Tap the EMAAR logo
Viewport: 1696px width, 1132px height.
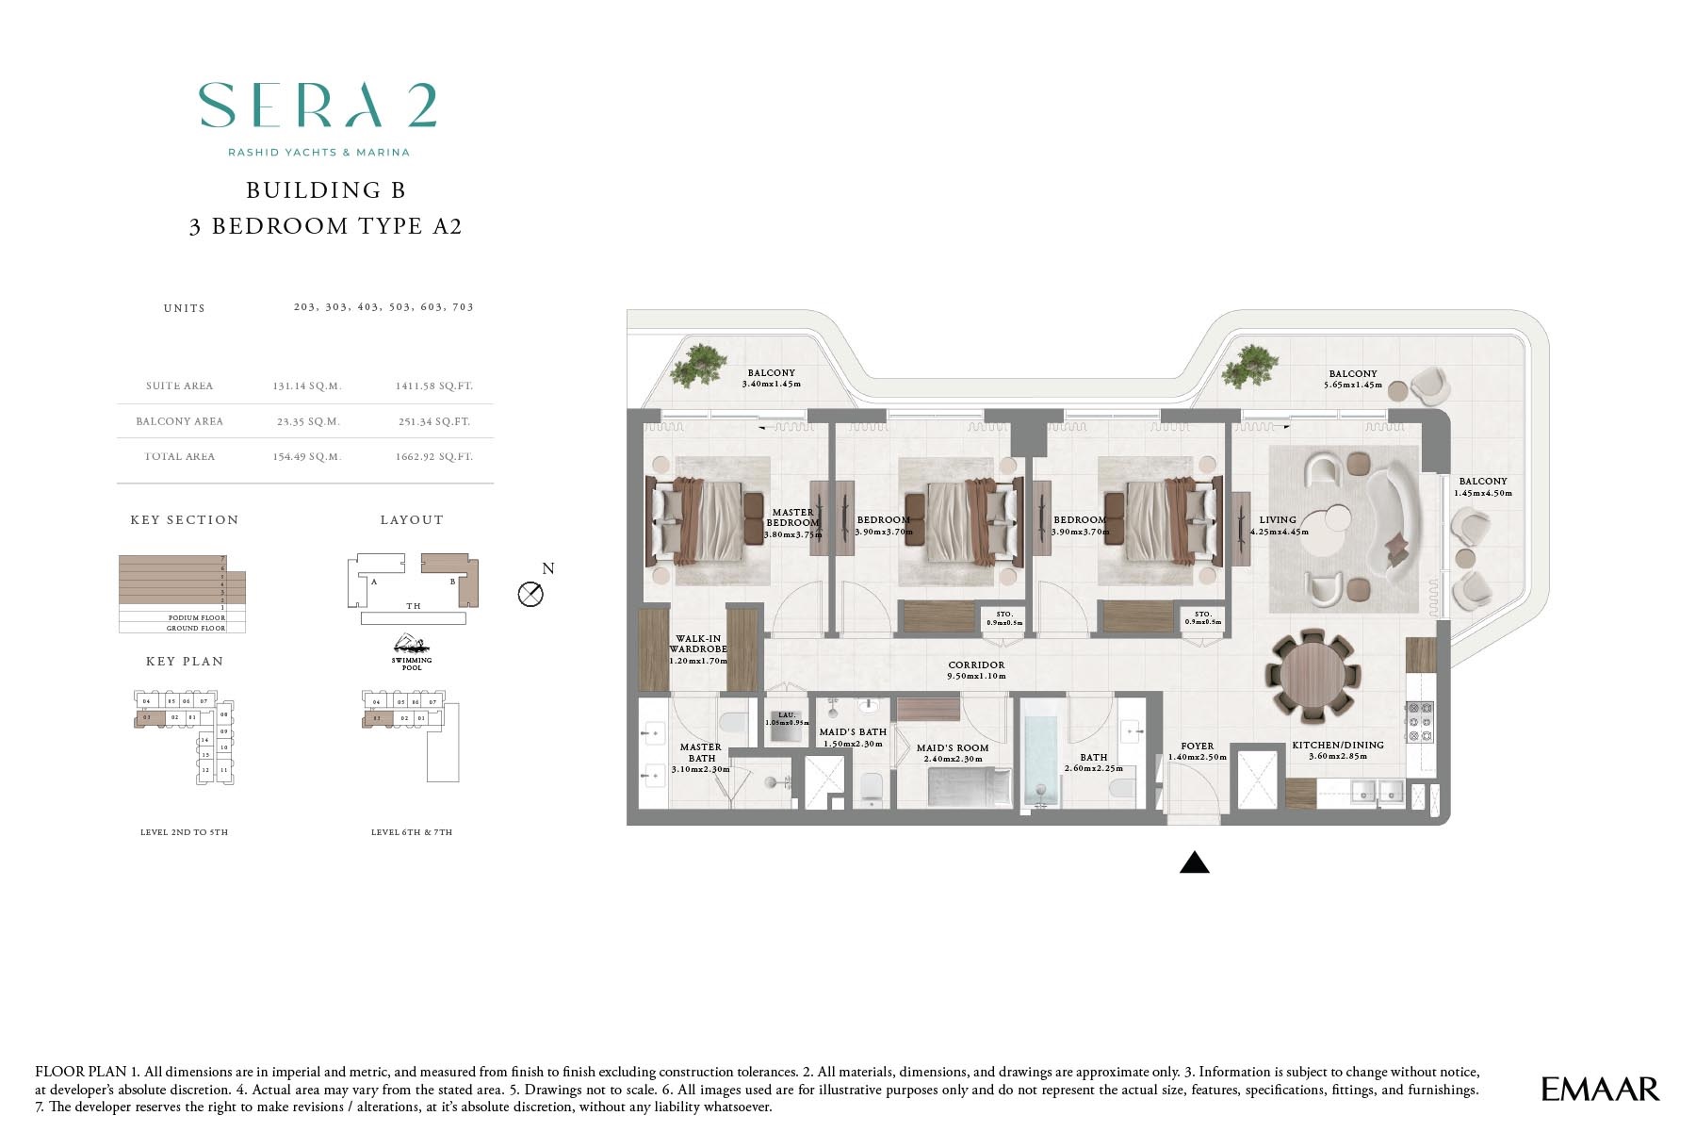coord(1599,1090)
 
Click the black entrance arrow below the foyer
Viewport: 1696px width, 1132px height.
coord(1194,862)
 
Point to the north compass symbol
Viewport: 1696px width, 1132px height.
coord(531,594)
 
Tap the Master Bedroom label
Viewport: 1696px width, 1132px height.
coord(792,518)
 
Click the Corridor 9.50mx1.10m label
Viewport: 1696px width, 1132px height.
coord(976,670)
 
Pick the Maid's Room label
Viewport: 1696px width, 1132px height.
coord(953,753)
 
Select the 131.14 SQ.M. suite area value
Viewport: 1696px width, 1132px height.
coord(306,386)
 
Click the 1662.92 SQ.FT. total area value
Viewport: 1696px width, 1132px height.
coord(433,457)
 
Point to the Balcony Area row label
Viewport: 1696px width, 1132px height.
coord(179,421)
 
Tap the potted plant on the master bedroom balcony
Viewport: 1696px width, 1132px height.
coord(700,363)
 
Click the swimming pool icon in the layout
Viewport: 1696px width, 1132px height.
coord(412,647)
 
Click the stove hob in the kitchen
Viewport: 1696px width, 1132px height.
coord(1419,721)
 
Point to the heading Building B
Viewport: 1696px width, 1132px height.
coord(325,190)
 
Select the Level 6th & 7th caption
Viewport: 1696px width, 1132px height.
coord(412,832)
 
